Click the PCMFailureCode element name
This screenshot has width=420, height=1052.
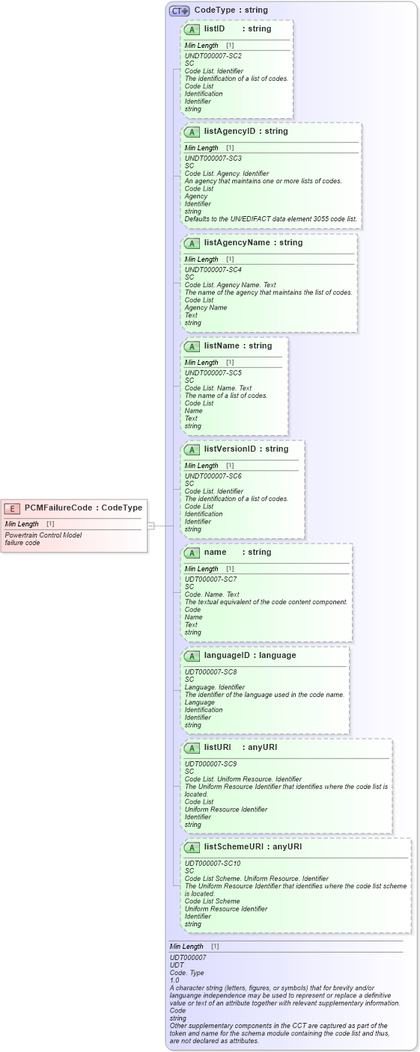point(58,508)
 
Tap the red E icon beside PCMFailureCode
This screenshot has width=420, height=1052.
point(13,508)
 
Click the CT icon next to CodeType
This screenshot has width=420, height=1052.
point(179,10)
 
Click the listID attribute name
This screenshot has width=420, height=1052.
point(214,28)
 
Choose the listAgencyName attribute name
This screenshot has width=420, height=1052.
point(238,242)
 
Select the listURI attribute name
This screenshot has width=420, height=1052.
point(219,747)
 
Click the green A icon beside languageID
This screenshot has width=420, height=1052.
point(192,656)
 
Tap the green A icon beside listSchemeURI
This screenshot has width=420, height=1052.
point(192,847)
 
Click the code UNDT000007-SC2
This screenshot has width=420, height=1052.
point(213,56)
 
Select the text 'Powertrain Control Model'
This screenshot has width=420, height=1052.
point(43,535)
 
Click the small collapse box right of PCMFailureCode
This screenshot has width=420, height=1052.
point(150,526)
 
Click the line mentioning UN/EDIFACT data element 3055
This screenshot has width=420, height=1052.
point(271,219)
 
